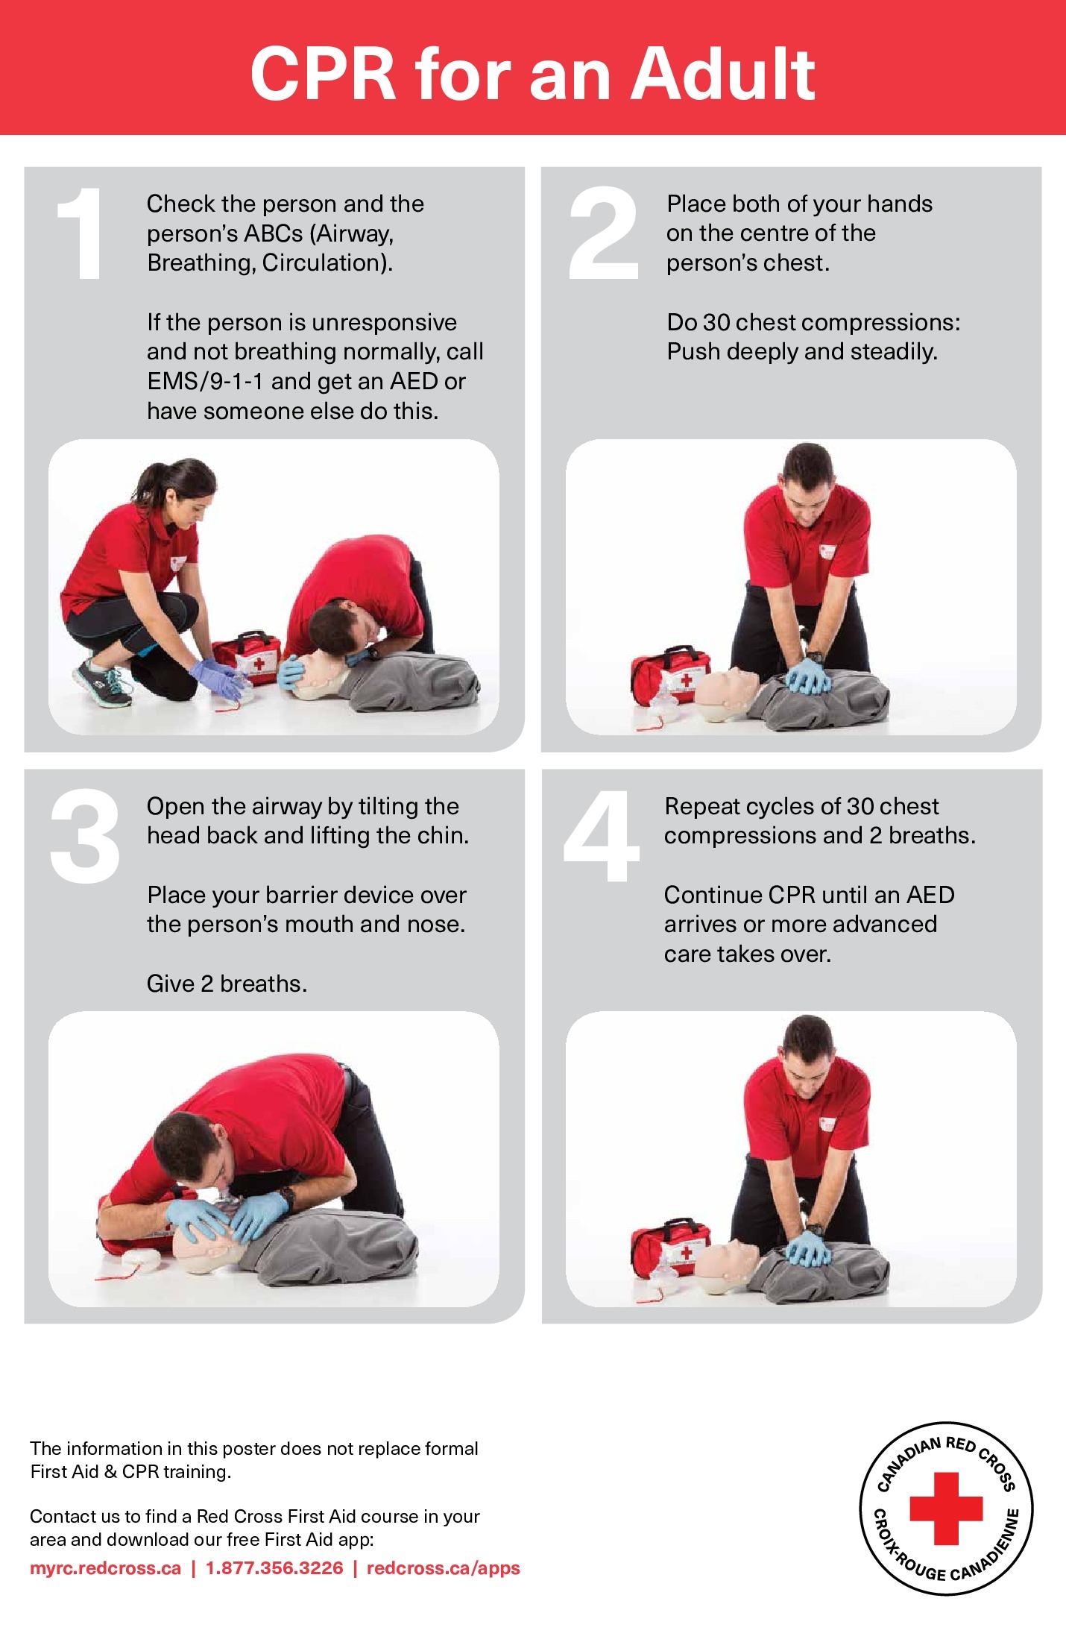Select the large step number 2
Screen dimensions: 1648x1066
coord(603,234)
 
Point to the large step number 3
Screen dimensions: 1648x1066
coord(84,836)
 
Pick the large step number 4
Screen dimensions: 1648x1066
coord(602,836)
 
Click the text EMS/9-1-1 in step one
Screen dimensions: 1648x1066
coord(205,382)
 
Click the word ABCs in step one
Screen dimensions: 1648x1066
coord(273,234)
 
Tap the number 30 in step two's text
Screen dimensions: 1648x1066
coord(716,323)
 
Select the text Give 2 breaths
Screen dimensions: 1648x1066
coord(227,984)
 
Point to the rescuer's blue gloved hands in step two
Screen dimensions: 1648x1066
coord(808,676)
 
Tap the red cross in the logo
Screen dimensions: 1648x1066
coord(945,1508)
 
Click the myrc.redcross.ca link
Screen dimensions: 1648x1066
coord(105,1568)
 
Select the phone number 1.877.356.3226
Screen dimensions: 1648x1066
coord(274,1568)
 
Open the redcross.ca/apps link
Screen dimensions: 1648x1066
coord(443,1568)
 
